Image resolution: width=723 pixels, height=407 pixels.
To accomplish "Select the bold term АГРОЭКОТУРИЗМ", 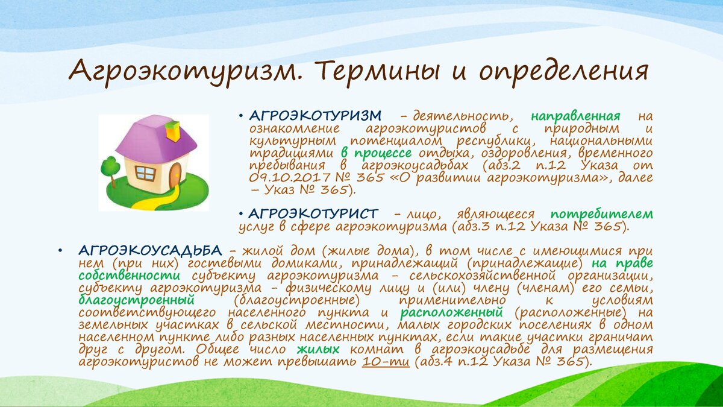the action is (x=315, y=115).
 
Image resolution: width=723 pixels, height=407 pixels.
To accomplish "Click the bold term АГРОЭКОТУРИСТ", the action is (x=313, y=213).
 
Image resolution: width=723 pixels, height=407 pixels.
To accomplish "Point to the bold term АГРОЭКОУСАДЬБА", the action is (x=151, y=250).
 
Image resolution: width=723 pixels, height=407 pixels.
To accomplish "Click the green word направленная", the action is (x=576, y=116).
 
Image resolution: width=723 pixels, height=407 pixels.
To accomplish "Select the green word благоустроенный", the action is (x=137, y=300).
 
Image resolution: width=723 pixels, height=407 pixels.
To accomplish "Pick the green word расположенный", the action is (x=452, y=313).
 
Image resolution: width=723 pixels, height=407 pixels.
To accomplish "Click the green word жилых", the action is (x=318, y=349).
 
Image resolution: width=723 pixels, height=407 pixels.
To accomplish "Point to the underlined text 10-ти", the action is (x=386, y=361).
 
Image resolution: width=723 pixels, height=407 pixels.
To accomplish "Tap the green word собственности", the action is (x=130, y=276).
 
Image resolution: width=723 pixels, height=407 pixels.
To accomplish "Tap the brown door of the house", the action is (x=176, y=175).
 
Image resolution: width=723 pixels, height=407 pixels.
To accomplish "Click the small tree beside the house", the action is (x=111, y=169).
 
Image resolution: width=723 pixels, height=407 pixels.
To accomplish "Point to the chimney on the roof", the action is (x=173, y=130).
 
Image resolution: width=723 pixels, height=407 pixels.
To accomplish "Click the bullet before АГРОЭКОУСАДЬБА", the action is (x=60, y=251).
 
